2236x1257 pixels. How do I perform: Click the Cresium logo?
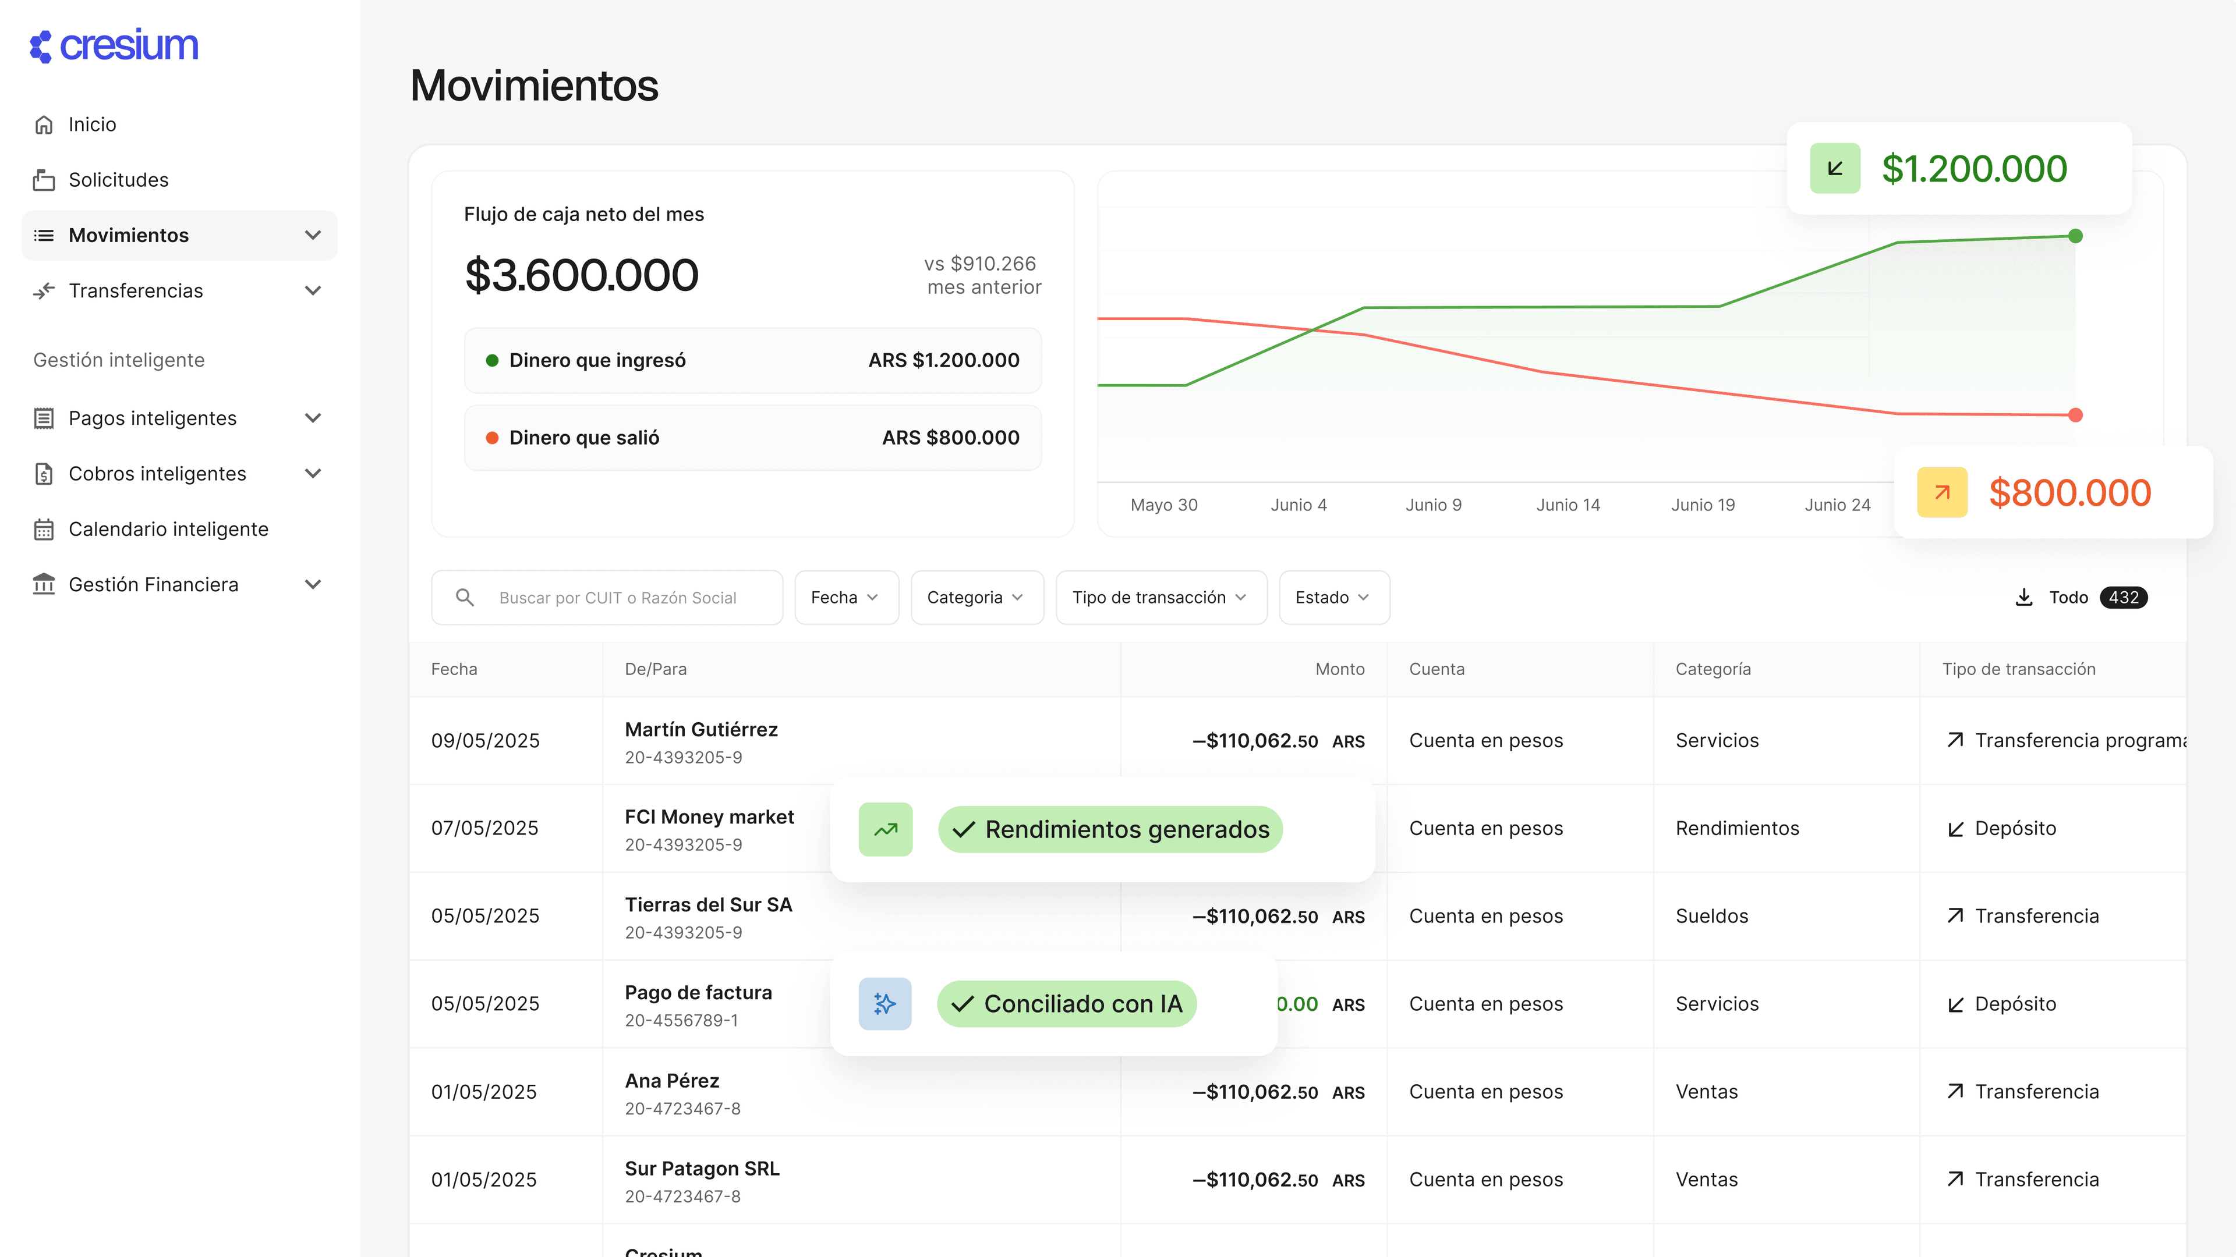114,46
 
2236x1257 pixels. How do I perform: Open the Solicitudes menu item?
118,180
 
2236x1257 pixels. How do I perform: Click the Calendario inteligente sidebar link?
168,529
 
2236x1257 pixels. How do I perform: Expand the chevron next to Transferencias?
313,290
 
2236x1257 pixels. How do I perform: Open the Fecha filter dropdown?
845,598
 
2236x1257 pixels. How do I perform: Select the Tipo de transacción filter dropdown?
1160,598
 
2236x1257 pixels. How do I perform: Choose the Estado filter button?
1332,598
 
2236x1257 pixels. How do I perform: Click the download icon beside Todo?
2023,598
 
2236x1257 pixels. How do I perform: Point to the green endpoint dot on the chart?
2075,236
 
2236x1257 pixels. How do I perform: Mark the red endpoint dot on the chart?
2075,416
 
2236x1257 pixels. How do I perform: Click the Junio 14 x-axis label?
1568,505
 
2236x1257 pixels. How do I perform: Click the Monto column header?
1339,669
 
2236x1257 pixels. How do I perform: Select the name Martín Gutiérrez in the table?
701,730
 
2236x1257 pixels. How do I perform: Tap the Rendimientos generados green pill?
1110,829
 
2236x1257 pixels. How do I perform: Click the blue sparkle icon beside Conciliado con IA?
885,1004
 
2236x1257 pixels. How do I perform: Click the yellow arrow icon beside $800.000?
1942,493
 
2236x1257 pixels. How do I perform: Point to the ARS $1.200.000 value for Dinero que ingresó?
943,360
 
